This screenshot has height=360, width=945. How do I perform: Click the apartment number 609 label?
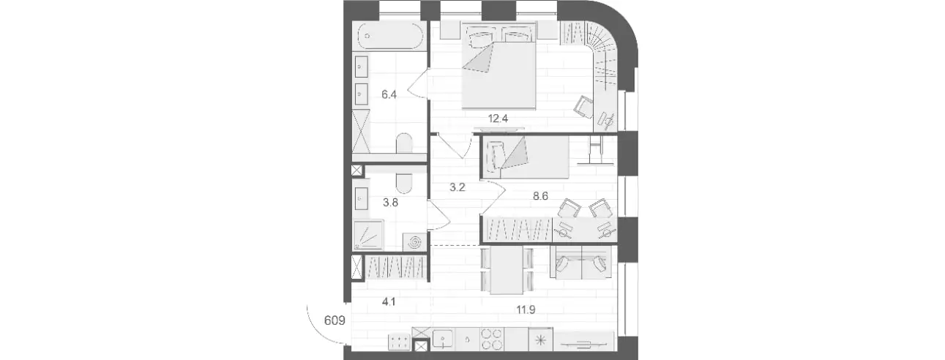pyautogui.click(x=335, y=320)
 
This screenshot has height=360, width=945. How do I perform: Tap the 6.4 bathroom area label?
pyautogui.click(x=389, y=94)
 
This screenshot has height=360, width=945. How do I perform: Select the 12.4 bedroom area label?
pyautogui.click(x=498, y=119)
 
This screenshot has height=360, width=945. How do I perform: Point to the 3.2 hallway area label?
pyautogui.click(x=457, y=187)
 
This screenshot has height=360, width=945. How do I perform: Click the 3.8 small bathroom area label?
pyautogui.click(x=390, y=203)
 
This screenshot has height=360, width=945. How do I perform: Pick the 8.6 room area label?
pyautogui.click(x=540, y=196)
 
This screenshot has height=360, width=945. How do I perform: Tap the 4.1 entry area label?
pyautogui.click(x=389, y=301)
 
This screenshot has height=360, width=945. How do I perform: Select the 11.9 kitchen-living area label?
pyautogui.click(x=526, y=310)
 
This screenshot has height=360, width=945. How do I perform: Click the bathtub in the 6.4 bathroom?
pyautogui.click(x=391, y=37)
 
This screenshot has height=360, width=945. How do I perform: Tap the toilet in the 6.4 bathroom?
pyautogui.click(x=404, y=143)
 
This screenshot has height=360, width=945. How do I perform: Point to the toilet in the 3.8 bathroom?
pyautogui.click(x=404, y=184)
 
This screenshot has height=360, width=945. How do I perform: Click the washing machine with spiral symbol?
pyautogui.click(x=415, y=242)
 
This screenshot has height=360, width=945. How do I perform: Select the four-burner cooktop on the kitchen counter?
pyautogui.click(x=492, y=340)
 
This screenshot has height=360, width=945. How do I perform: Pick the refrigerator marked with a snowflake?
pyautogui.click(x=540, y=340)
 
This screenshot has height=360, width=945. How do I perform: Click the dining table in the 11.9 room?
pyautogui.click(x=507, y=270)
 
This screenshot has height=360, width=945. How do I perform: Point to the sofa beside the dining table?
pyautogui.click(x=580, y=262)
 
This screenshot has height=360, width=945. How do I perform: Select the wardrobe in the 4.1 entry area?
pyautogui.click(x=395, y=267)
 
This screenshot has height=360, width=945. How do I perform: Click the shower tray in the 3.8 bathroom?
pyautogui.click(x=368, y=235)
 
